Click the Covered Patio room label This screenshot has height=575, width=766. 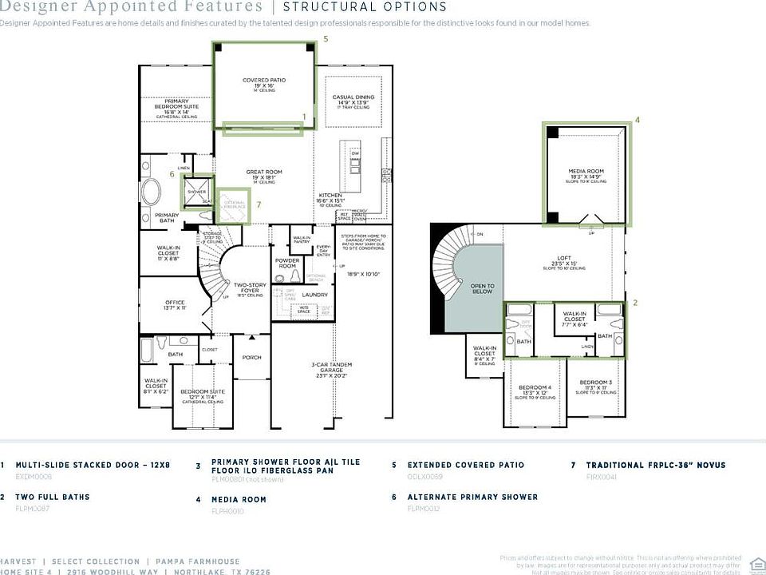click(x=264, y=81)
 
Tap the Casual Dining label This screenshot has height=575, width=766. click(x=353, y=98)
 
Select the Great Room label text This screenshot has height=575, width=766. click(x=264, y=172)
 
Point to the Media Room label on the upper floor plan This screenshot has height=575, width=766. click(x=586, y=172)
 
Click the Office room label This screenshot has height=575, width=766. click(x=175, y=303)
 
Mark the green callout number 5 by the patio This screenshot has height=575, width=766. click(x=325, y=38)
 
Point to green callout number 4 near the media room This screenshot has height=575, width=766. click(x=637, y=121)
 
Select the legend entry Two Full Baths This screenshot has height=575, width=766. click(x=53, y=497)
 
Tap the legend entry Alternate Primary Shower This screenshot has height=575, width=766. click(x=472, y=497)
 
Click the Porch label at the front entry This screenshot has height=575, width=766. click(x=252, y=357)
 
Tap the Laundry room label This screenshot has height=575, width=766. click(x=315, y=295)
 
